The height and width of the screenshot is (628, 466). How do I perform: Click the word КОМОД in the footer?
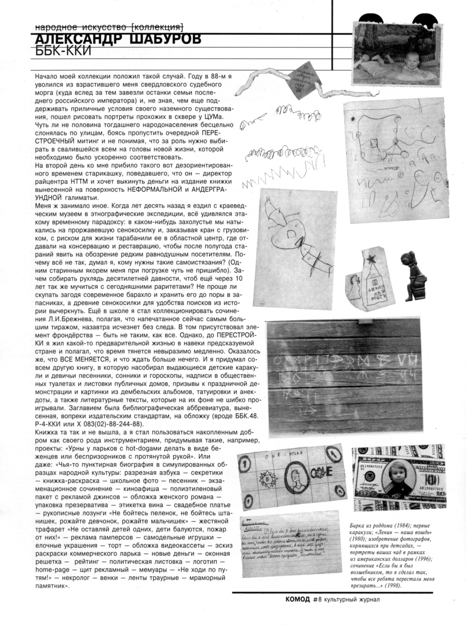(298, 599)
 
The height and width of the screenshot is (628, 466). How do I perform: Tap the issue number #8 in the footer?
(318, 599)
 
